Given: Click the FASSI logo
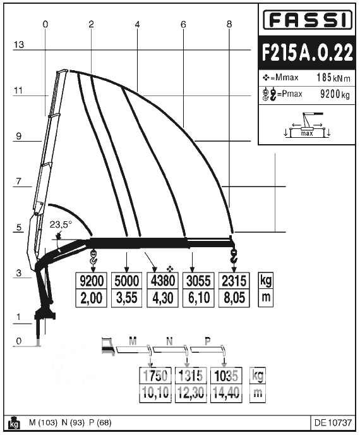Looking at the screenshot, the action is tap(307, 20).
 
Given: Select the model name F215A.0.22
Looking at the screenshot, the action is tap(307, 52).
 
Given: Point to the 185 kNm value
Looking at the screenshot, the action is tap(333, 78).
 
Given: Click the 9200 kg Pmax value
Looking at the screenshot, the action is tap(335, 94).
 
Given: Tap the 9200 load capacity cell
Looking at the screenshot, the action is tap(92, 281).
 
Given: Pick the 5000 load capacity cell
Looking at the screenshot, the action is tap(127, 281).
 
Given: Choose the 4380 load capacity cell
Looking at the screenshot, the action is tap(163, 281).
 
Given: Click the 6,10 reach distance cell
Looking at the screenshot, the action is tap(198, 298).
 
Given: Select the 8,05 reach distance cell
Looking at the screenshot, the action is tap(234, 298).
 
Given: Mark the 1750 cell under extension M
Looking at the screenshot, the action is tap(155, 376).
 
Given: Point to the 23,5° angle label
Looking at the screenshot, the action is tap(61, 224).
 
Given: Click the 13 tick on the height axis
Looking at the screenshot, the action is tap(19, 45).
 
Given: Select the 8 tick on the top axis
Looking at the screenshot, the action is tap(229, 25).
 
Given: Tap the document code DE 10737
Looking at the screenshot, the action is tap(333, 423).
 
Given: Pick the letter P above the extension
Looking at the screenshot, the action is tap(208, 341).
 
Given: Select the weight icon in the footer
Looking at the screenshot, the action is tap(14, 423).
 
